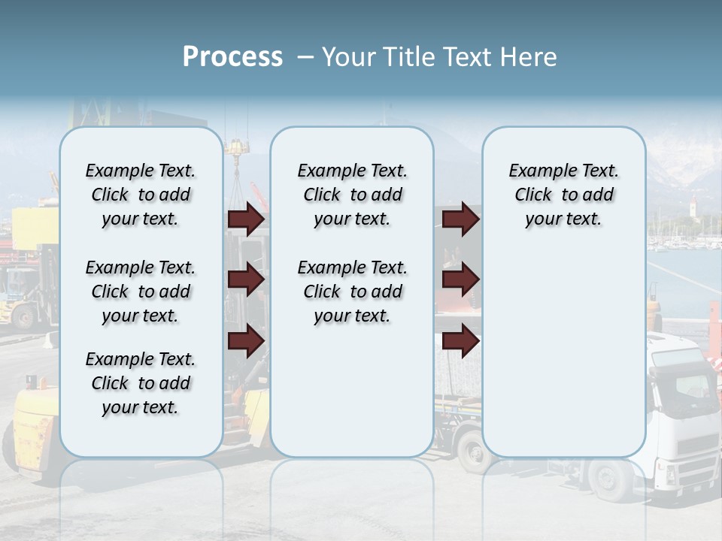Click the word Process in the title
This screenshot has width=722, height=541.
[232, 57]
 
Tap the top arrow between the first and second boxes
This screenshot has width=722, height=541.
[246, 219]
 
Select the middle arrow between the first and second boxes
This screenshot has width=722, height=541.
[246, 280]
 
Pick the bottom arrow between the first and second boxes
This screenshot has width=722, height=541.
[246, 341]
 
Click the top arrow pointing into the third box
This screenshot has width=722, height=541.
[460, 219]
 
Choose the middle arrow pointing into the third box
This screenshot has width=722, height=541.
[460, 280]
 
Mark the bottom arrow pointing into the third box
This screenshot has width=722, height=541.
[460, 341]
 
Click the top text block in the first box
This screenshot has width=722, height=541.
[141, 195]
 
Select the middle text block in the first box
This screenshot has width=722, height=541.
[141, 292]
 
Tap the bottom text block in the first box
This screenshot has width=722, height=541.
[141, 383]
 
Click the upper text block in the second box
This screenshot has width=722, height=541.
[352, 195]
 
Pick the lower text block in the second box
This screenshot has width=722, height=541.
[352, 292]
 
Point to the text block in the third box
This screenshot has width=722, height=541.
[563, 195]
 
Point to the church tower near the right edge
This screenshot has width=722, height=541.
[692, 207]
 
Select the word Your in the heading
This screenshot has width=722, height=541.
[348, 57]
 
